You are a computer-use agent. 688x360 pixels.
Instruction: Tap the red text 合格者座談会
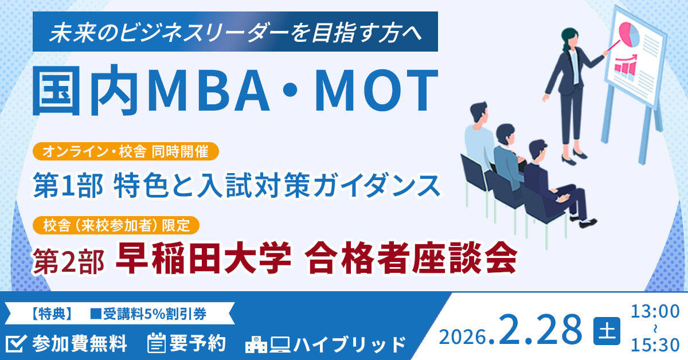pos(411,259)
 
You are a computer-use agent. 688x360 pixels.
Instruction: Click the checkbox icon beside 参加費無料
pos(17,343)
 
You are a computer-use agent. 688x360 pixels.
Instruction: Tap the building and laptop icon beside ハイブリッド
pos(267,344)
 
